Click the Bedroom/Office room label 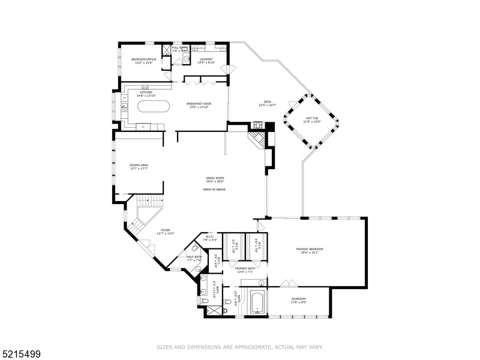pyautogui.click(x=144, y=59)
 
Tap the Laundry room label pyautogui.click(x=206, y=59)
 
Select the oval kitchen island pyautogui.click(x=154, y=107)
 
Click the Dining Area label pyautogui.click(x=139, y=165)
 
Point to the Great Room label pyautogui.click(x=215, y=178)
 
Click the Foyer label pyautogui.click(x=165, y=230)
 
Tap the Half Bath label pyautogui.click(x=194, y=257)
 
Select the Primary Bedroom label pyautogui.click(x=310, y=249)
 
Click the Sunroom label pyautogui.click(x=298, y=299)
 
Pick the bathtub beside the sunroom pyautogui.click(x=257, y=302)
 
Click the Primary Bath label pyautogui.click(x=244, y=268)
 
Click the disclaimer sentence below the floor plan pyautogui.click(x=240, y=347)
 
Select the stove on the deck pyautogui.click(x=258, y=125)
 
